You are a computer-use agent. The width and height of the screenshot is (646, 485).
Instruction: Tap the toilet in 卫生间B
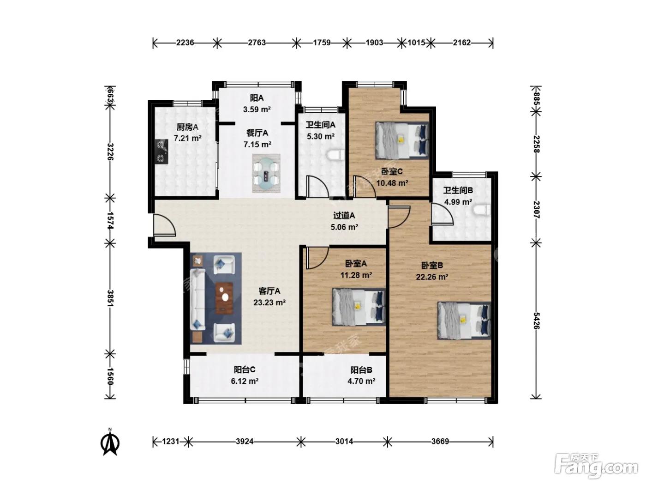[x=481, y=211]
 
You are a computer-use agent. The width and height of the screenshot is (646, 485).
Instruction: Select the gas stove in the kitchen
[x=161, y=152]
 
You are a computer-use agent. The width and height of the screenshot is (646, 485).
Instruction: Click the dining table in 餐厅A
[x=266, y=174]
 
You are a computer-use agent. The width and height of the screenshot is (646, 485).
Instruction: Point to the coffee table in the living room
[x=225, y=297]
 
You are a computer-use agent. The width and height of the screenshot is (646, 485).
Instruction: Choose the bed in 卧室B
[x=464, y=321]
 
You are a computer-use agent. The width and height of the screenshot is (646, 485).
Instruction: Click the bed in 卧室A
[x=359, y=307]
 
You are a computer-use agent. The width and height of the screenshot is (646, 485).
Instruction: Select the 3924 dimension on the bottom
[x=245, y=442]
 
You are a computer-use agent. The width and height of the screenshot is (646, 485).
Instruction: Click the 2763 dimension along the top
[x=257, y=42]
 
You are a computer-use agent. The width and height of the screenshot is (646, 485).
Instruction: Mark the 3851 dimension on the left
[x=110, y=298]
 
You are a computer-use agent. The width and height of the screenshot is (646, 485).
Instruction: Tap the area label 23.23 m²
[x=269, y=303]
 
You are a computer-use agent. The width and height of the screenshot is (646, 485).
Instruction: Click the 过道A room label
[x=344, y=216]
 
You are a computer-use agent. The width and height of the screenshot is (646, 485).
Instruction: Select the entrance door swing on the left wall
[x=164, y=225]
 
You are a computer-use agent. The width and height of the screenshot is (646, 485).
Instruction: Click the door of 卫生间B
[x=442, y=214]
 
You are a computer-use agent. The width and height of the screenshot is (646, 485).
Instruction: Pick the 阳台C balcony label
[x=245, y=370]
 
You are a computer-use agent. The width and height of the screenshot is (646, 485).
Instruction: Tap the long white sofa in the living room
[x=197, y=299]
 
